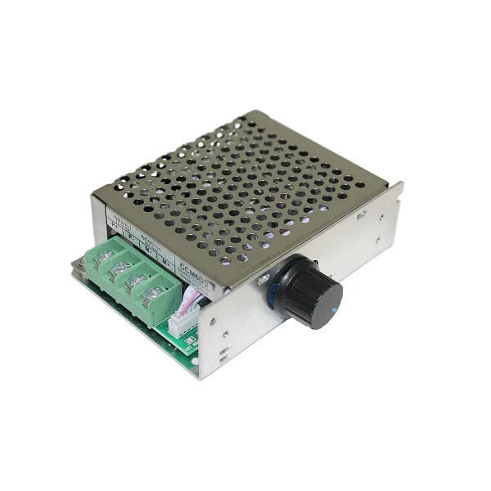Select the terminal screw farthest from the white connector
(103, 257)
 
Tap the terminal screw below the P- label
(120, 268)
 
